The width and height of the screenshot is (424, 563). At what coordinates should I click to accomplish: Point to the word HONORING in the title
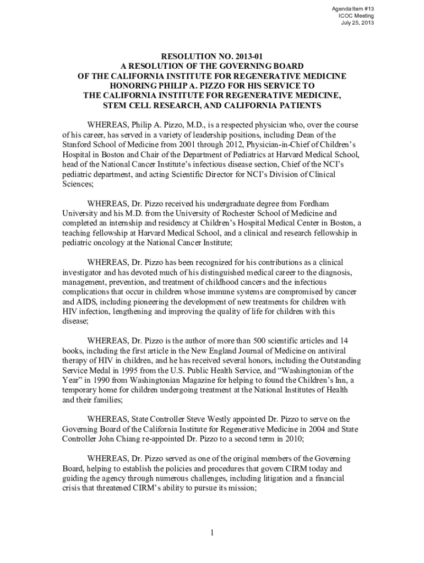click(x=135, y=86)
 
